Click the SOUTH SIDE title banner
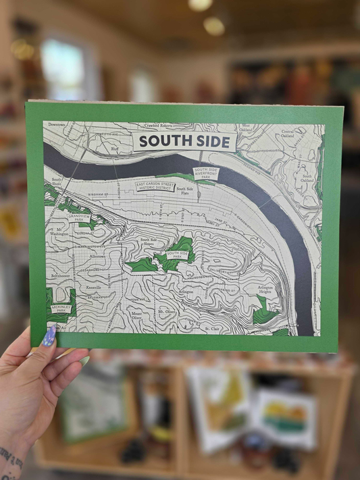pyautogui.click(x=185, y=142)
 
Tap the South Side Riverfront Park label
pyautogui.click(x=205, y=173)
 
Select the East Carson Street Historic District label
pyautogui.click(x=155, y=186)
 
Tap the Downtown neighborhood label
pyautogui.click(x=57, y=125)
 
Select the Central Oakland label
pyautogui.click(x=287, y=133)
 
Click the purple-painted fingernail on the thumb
pyautogui.click(x=49, y=336)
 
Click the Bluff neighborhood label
pyautogui.click(x=114, y=147)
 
